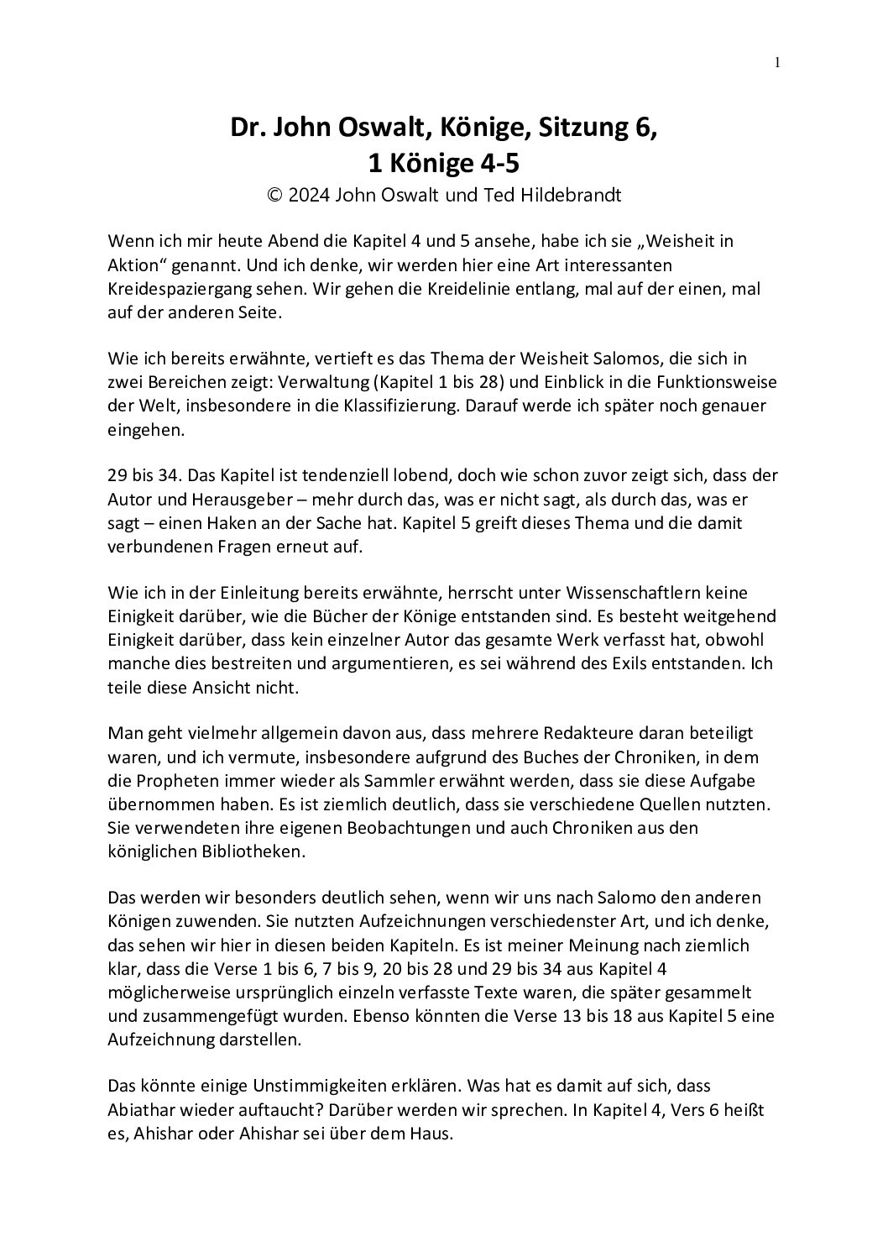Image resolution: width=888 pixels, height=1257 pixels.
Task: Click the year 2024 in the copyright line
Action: pos(308,195)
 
